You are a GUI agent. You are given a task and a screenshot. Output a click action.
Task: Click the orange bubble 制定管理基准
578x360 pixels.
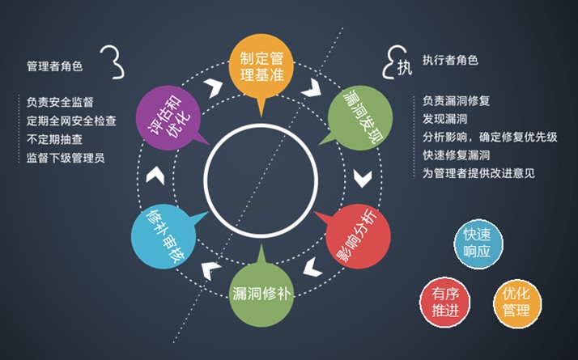[x=261, y=67]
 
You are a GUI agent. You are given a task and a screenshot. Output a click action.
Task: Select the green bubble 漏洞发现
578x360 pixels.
[x=359, y=118]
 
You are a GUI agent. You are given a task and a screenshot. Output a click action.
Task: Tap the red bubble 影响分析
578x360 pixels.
[x=357, y=236]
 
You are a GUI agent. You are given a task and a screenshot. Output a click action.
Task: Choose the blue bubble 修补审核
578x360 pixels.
[x=165, y=236]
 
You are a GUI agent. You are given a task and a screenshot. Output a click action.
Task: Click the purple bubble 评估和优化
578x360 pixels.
[x=169, y=118]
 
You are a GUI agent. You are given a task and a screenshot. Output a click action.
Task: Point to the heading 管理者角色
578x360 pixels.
[x=54, y=66]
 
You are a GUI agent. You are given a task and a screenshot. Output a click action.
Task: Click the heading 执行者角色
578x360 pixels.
[x=450, y=60]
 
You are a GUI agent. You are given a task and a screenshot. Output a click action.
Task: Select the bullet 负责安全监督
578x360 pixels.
[x=60, y=102]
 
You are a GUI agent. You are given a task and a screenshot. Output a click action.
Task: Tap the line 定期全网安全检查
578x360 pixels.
[x=71, y=121]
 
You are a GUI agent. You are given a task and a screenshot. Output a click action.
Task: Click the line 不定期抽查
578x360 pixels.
[x=54, y=139]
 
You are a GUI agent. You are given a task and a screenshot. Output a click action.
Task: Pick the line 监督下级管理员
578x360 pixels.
[x=66, y=158]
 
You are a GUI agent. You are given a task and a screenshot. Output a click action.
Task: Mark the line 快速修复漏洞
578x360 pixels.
[x=456, y=155]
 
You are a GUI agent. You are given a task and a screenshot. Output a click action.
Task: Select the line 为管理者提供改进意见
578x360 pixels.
[x=478, y=173]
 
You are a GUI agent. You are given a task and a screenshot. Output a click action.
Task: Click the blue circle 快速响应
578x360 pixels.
[x=478, y=244]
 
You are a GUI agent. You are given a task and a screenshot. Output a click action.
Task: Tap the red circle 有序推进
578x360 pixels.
[x=445, y=303]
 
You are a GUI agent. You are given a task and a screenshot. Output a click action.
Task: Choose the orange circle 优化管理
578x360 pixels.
[x=516, y=303]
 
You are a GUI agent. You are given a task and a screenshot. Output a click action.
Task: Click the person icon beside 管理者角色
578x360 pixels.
[x=113, y=62]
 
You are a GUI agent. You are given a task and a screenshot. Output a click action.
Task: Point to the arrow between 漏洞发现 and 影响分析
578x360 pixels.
[x=363, y=178]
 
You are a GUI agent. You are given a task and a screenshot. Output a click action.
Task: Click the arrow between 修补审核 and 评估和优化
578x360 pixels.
[x=155, y=176]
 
